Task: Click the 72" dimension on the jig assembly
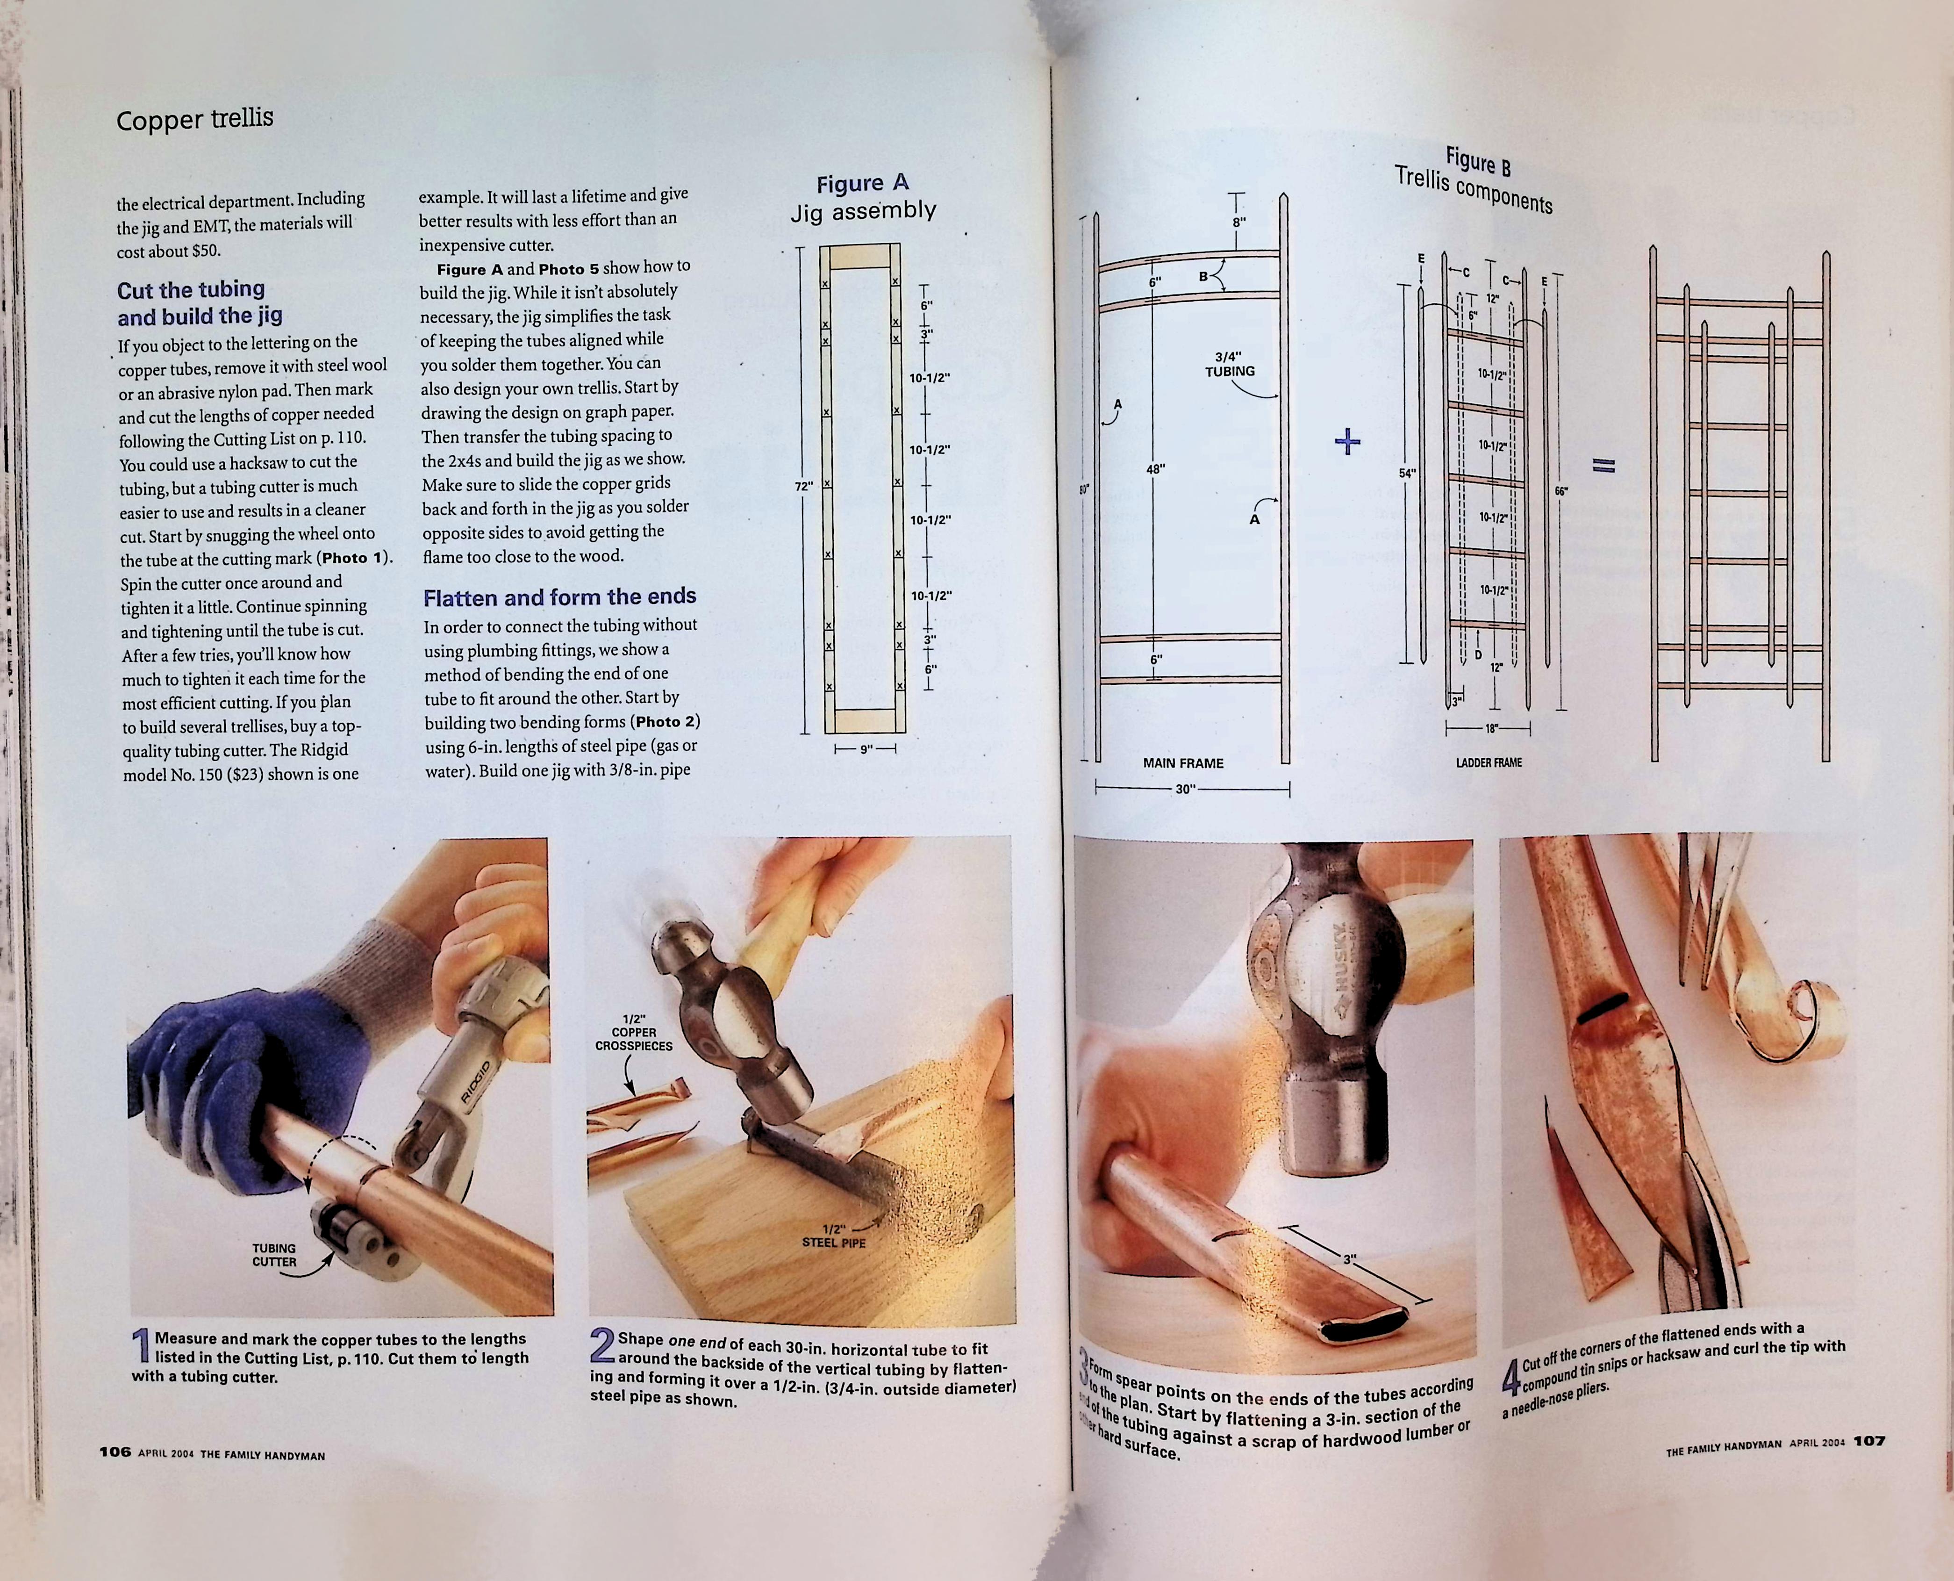(803, 486)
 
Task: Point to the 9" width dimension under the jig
(866, 748)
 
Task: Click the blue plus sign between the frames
(1347, 443)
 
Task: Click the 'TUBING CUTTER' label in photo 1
(274, 1255)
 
